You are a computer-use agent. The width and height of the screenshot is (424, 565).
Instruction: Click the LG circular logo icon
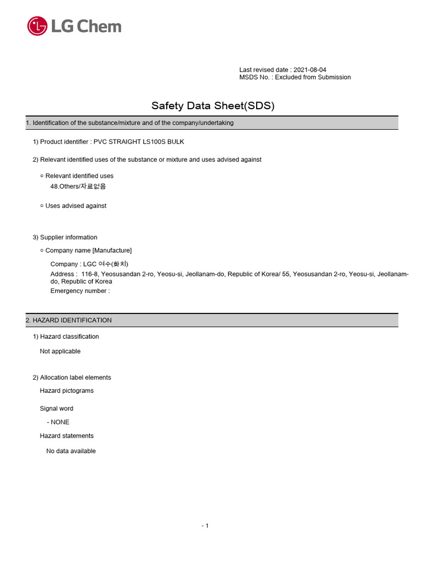coord(37,26)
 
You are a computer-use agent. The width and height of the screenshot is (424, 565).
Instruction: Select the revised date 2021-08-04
coord(310,70)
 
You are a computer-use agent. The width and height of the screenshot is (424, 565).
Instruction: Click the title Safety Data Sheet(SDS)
coord(213,105)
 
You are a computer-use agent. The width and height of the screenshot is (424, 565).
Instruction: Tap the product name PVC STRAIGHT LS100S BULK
coord(139,142)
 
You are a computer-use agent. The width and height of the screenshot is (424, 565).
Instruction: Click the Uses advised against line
coord(76,206)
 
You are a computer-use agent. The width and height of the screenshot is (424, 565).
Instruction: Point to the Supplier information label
coord(68,237)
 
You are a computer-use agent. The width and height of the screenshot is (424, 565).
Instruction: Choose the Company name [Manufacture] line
coord(88,250)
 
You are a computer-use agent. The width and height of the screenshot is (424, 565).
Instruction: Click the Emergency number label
coord(80,291)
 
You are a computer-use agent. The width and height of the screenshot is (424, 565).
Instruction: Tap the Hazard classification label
coord(70,337)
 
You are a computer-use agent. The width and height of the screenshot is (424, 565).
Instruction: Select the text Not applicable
coord(60,351)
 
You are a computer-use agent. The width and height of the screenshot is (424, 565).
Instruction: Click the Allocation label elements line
coord(76,377)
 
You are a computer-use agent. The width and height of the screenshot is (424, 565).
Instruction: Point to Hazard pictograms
coord(67,391)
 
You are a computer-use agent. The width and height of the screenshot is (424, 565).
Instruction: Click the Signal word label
coord(56,409)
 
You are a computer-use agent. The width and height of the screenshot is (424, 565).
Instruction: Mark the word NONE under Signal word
coord(60,422)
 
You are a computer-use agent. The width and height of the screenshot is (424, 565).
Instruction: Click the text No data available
coord(71,451)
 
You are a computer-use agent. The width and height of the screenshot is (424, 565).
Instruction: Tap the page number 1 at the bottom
coord(206,526)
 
